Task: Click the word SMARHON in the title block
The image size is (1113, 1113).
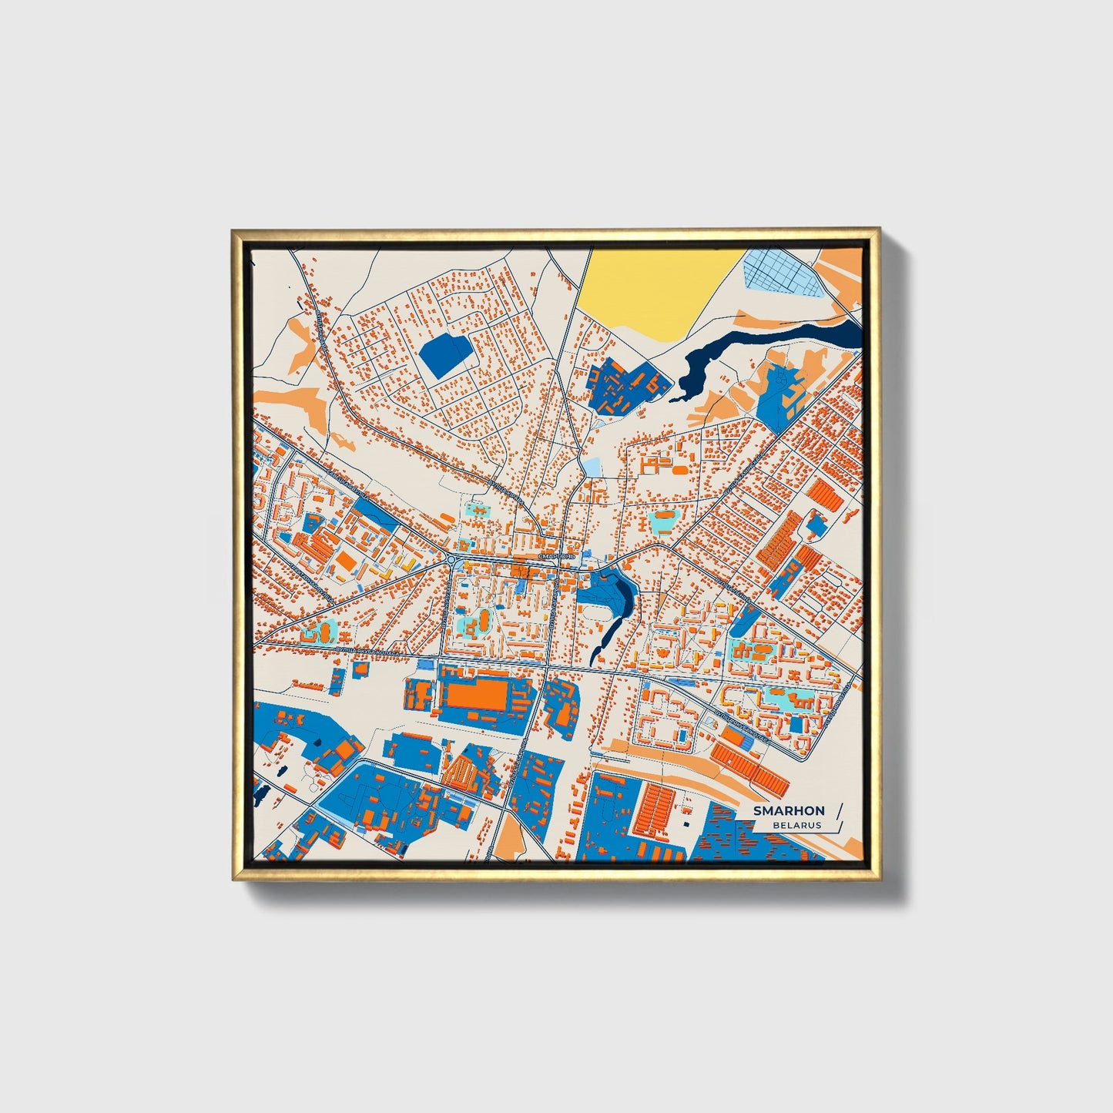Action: pos(789,810)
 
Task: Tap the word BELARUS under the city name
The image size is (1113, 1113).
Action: pos(797,825)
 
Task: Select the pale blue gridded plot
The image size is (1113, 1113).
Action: pos(785,273)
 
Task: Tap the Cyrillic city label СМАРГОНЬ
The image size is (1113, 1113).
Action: pos(556,555)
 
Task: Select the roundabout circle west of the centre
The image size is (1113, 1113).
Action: pos(450,558)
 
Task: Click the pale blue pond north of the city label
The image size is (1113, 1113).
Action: pos(592,467)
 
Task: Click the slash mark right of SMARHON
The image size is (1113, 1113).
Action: pos(839,810)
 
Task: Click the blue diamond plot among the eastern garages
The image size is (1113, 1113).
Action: pos(816,525)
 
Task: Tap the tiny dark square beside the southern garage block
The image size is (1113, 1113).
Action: pos(683,823)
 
